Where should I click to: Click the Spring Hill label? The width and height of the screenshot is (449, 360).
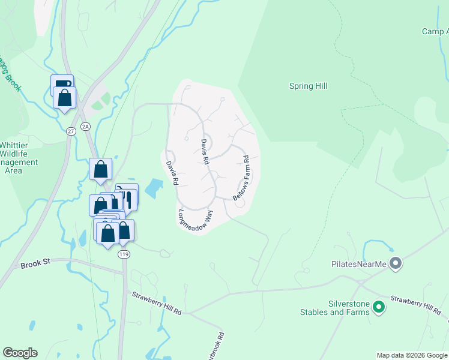coord(308,86)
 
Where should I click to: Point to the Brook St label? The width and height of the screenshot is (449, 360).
coord(34,265)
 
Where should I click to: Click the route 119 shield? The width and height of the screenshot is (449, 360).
coord(124,254)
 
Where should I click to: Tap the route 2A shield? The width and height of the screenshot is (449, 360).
coord(85,126)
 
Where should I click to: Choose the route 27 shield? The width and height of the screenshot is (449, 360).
coord(71,131)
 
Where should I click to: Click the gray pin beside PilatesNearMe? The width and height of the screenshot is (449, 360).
coord(395,263)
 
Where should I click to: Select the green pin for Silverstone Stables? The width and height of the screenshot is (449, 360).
coord(378,308)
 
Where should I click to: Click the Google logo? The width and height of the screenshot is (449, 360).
coord(20,353)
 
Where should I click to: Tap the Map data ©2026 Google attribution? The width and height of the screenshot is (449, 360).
coord(412,355)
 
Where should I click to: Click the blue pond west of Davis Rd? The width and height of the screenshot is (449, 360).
coord(153,188)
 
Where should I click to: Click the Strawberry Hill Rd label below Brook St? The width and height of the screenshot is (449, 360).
coord(157,303)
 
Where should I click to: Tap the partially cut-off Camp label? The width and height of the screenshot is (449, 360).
coord(435,32)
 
